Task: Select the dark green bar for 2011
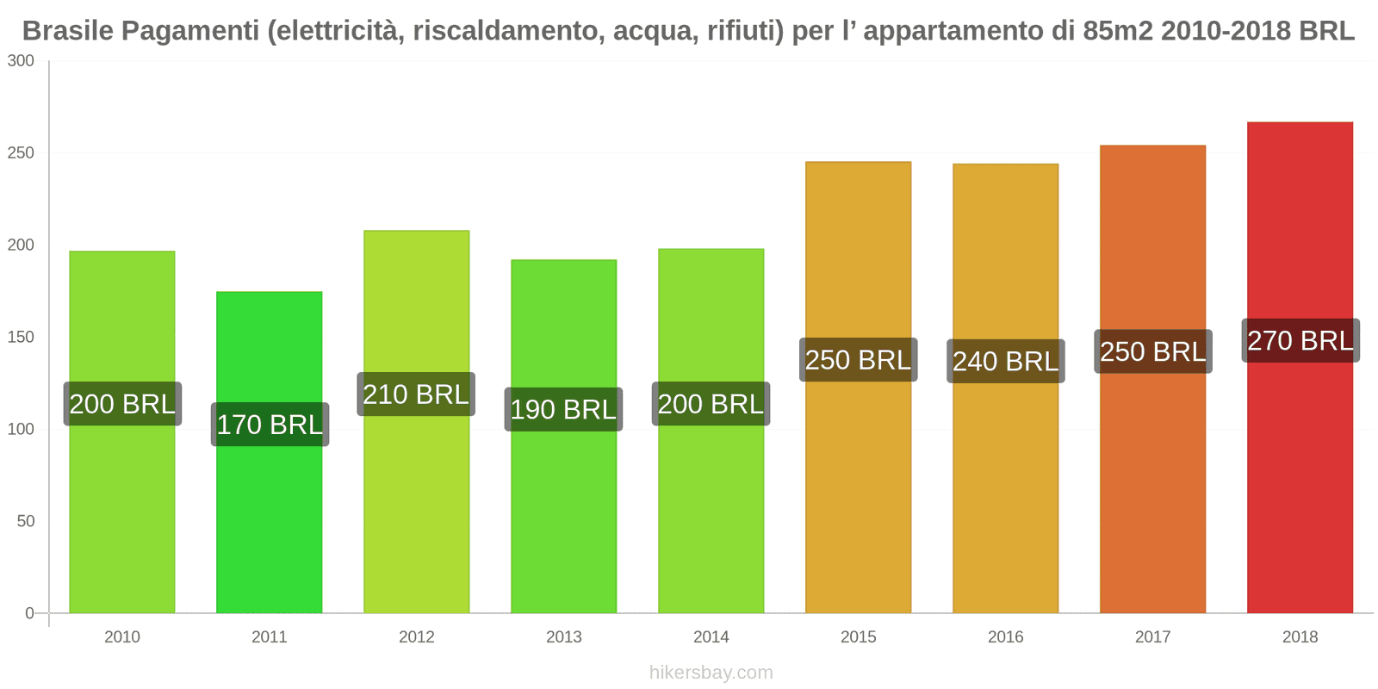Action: point(270,517)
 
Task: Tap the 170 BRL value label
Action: point(270,425)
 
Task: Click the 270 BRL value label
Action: point(1300,341)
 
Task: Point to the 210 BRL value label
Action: point(416,394)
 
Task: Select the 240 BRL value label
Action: point(1005,362)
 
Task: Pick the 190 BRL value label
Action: point(563,410)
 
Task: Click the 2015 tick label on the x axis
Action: point(858,637)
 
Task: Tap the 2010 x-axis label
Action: point(121,637)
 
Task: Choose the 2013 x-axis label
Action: point(563,637)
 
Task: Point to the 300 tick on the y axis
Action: point(21,61)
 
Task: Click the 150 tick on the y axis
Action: point(21,338)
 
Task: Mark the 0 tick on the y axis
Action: point(29,614)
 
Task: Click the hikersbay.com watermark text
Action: point(711,673)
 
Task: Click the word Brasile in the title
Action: point(67,31)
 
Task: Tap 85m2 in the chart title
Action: point(1118,31)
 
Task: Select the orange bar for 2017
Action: point(1152,482)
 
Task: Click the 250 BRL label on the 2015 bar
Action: point(858,360)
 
